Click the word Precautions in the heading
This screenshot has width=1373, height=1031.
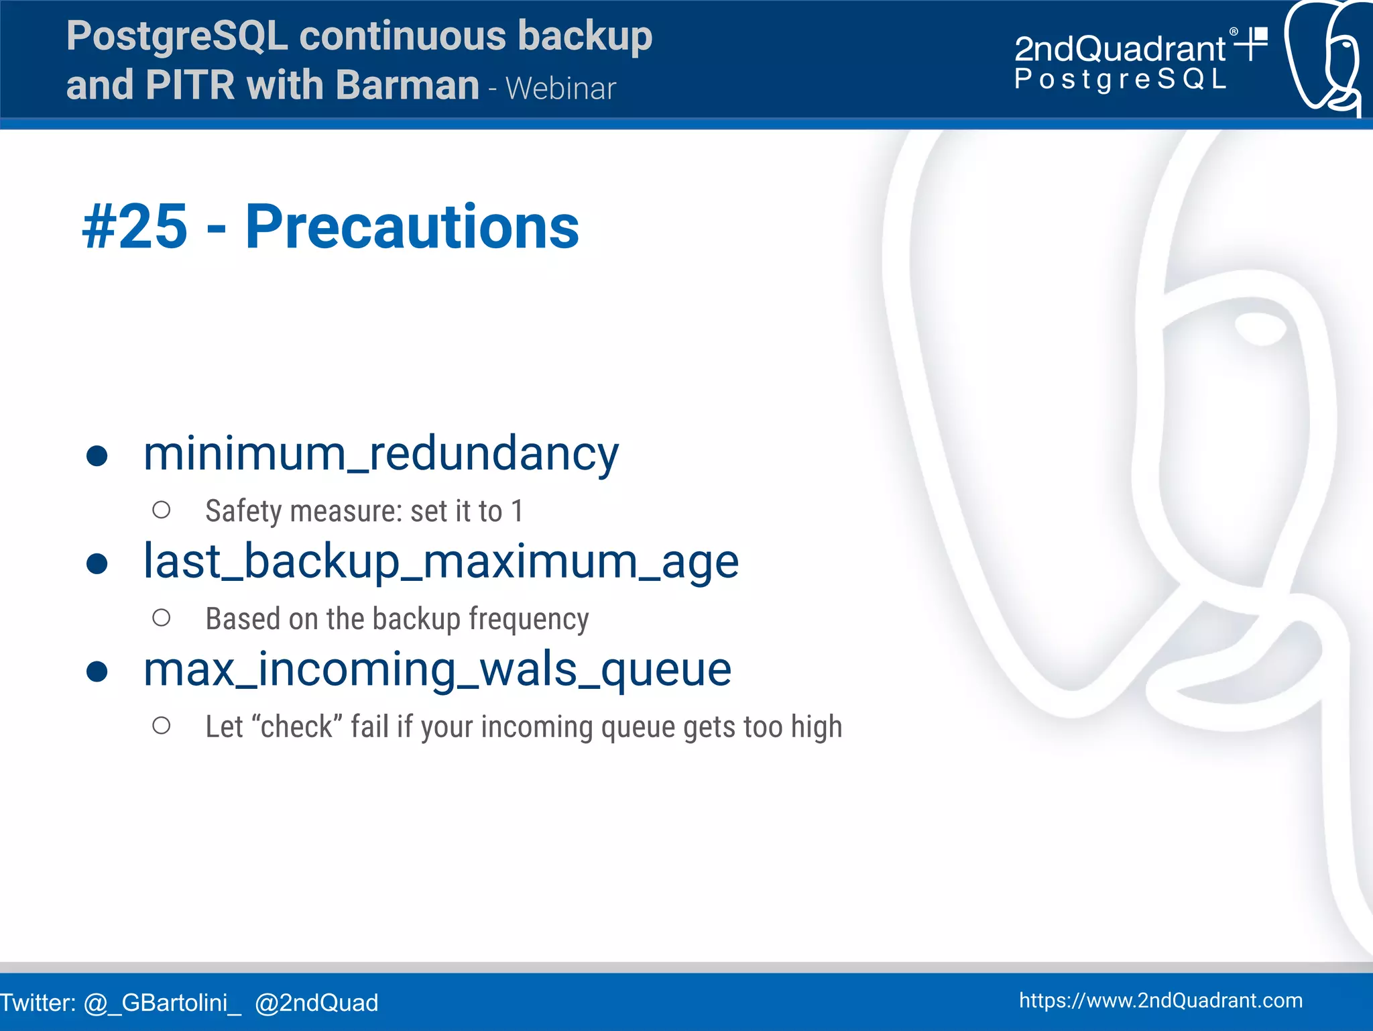(x=412, y=228)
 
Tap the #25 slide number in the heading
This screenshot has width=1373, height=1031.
(x=135, y=228)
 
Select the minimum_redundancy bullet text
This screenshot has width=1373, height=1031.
(x=381, y=454)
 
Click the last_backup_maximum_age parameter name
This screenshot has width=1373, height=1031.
(x=441, y=562)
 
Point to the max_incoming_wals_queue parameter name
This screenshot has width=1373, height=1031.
(x=437, y=669)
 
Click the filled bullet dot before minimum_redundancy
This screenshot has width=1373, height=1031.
(x=97, y=456)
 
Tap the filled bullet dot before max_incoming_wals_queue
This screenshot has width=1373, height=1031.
(x=97, y=671)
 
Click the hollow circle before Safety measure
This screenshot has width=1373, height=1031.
(x=162, y=510)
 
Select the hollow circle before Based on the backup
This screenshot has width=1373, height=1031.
(x=162, y=618)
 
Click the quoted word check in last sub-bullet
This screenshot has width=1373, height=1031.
(x=297, y=727)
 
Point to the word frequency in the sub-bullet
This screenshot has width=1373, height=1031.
(x=528, y=619)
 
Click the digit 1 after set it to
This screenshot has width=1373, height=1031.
(x=517, y=511)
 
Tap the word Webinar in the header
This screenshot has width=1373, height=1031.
(x=560, y=89)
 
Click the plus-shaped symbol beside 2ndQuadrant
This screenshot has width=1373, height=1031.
(x=1251, y=44)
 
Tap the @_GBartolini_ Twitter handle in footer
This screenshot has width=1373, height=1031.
(x=162, y=1003)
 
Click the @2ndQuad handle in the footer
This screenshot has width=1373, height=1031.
(x=316, y=1003)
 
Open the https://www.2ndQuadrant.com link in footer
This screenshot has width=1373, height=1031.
(x=1160, y=1000)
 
